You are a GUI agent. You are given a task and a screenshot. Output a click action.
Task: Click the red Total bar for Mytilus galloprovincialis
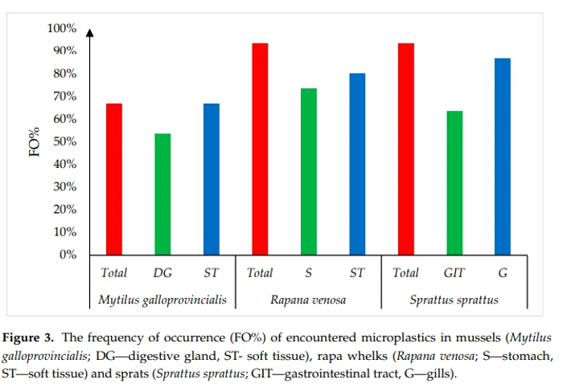pyautogui.click(x=113, y=178)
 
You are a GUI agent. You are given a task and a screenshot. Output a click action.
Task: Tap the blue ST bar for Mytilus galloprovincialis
pyautogui.click(x=211, y=178)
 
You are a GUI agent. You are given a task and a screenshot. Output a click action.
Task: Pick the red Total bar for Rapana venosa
pyautogui.click(x=260, y=149)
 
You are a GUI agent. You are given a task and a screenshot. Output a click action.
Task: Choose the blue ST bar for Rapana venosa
pyautogui.click(x=357, y=164)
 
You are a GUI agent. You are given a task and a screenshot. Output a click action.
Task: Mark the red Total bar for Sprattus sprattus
pyautogui.click(x=406, y=149)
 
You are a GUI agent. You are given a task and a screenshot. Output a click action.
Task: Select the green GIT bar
pyautogui.click(x=454, y=182)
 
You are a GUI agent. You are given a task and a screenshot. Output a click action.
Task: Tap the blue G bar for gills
pyautogui.click(x=503, y=156)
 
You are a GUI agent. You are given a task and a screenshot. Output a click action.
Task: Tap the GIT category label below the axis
pyautogui.click(x=454, y=273)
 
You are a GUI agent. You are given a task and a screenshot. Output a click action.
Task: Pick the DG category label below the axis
pyautogui.click(x=162, y=273)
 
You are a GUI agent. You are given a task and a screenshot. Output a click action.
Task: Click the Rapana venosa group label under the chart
pyautogui.click(x=308, y=300)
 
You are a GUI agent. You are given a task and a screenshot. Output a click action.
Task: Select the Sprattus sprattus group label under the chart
pyautogui.click(x=454, y=300)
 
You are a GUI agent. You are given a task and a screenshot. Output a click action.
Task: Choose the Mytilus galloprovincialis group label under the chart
pyautogui.click(x=162, y=300)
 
